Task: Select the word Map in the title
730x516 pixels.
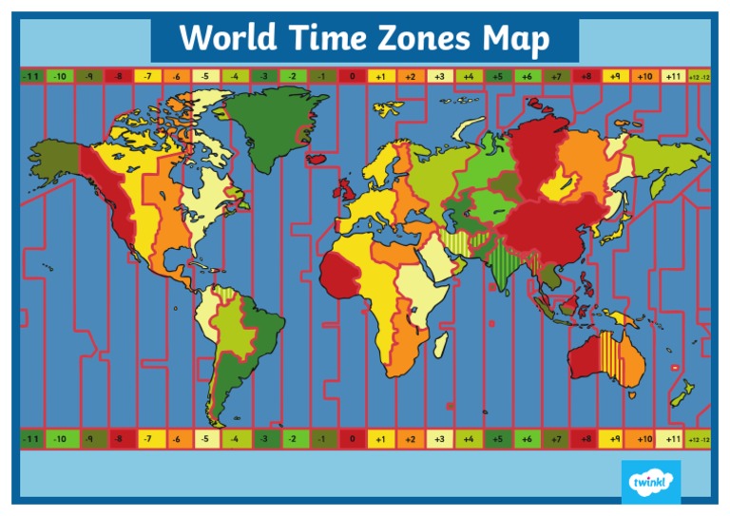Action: tap(515, 40)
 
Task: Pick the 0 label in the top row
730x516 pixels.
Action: tap(352, 76)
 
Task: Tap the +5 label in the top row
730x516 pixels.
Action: tap(497, 76)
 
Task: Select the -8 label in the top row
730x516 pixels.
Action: tap(119, 76)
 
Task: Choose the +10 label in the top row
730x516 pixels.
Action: tap(644, 76)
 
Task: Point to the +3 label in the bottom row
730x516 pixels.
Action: tap(439, 439)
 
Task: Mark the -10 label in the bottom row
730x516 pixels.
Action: tap(60, 439)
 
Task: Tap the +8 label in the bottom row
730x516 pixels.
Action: tap(586, 439)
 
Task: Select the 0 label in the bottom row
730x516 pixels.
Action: tap(352, 439)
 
